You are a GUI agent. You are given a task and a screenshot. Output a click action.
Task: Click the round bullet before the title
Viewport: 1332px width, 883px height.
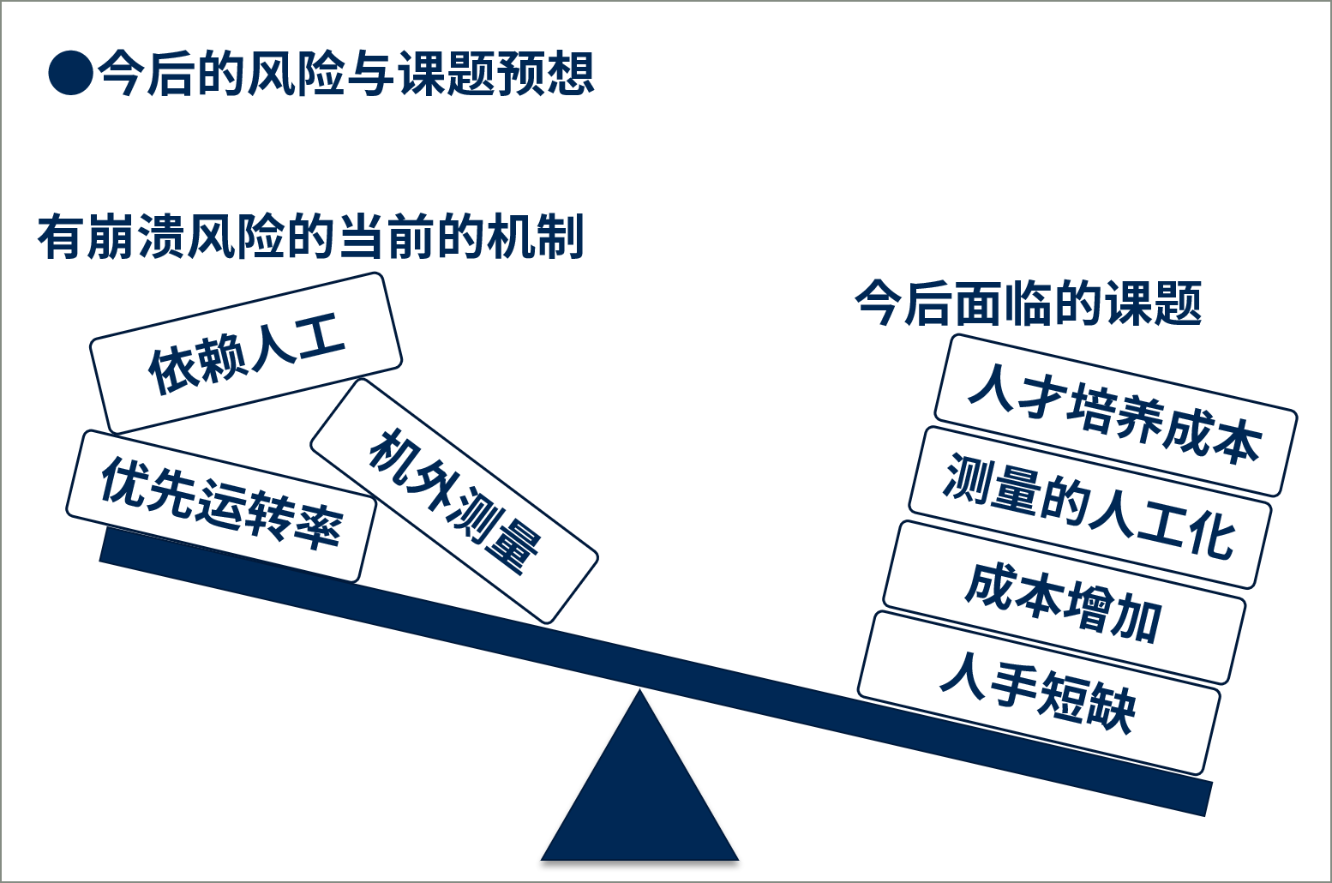pos(70,73)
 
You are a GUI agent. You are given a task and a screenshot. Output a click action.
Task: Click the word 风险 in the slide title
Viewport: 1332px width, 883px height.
pos(296,74)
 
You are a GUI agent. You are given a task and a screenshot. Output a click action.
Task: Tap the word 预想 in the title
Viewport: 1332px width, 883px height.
pos(546,74)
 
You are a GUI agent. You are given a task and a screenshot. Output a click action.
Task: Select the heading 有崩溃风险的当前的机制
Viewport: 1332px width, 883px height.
pos(310,237)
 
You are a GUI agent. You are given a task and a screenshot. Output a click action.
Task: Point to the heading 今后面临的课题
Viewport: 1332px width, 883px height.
pos(1028,303)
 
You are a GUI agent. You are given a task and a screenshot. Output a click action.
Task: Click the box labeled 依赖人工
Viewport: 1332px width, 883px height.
pos(246,353)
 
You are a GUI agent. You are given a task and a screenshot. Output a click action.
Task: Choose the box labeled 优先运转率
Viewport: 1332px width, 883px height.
pos(221,506)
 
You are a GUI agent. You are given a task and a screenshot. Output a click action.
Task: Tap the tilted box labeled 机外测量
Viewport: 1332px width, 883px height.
pos(454,502)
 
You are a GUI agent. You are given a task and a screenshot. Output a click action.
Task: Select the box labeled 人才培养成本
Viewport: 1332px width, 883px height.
pos(1115,415)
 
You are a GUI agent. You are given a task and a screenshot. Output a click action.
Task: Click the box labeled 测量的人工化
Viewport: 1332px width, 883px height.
pos(1090,508)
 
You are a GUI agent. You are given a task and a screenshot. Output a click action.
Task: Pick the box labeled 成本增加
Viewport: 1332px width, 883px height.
pos(1065,603)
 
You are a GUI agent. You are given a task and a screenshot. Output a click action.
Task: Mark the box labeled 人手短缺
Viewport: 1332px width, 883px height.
pos(1039,693)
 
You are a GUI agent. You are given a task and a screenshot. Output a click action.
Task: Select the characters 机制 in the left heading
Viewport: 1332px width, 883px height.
pos(535,237)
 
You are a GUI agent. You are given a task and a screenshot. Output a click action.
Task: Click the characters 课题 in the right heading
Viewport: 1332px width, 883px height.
pos(1154,303)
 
